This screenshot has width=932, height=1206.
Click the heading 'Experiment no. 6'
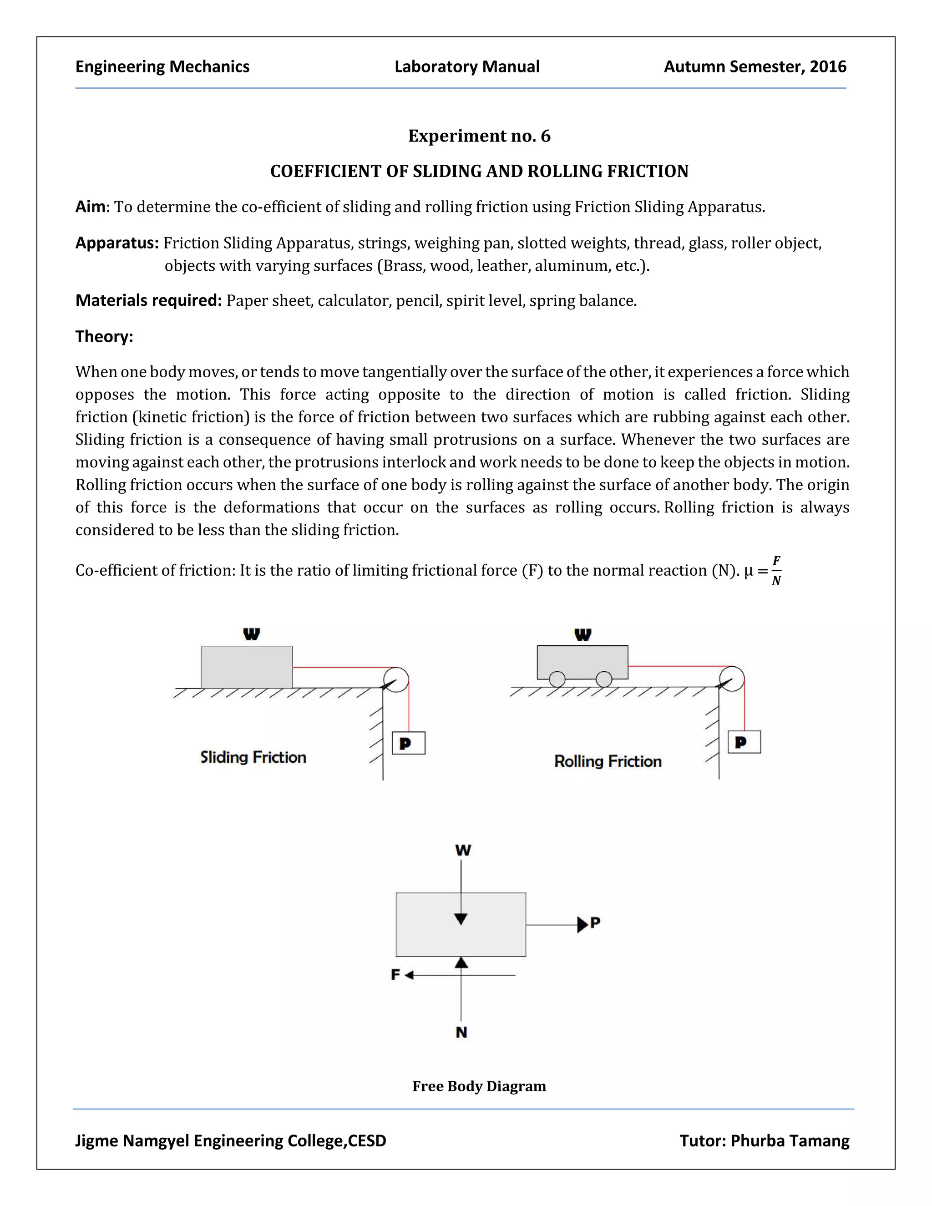point(479,136)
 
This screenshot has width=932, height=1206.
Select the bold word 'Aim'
point(90,207)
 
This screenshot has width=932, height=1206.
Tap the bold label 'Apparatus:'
point(117,243)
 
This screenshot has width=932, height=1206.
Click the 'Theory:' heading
point(104,336)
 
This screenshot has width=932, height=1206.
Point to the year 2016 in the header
point(828,67)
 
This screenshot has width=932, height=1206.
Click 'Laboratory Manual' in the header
point(466,67)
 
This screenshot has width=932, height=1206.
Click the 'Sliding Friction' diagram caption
point(253,757)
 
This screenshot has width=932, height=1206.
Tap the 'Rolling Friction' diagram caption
point(608,761)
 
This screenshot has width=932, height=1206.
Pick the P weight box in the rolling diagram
point(744,742)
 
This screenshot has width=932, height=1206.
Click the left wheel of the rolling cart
point(557,679)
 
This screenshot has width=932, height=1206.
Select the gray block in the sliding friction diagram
point(246,667)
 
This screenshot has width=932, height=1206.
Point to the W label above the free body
point(463,851)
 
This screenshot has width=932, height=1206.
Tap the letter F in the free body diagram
point(395,975)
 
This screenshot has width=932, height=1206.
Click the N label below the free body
point(461,1033)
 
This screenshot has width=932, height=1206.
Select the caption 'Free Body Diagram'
point(479,1086)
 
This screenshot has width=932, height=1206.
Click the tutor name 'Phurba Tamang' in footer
point(790,1141)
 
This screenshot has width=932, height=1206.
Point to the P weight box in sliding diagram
point(408,743)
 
